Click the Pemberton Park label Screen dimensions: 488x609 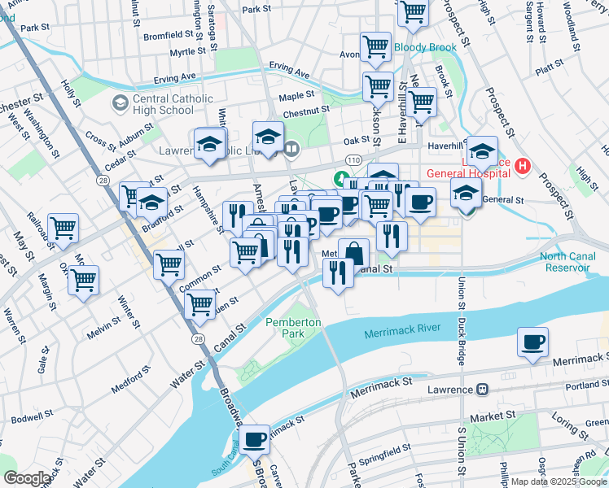click(293, 329)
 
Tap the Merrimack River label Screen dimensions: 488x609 click(402, 328)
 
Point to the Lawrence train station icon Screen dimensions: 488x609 click(482, 390)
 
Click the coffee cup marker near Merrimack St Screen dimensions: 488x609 click(532, 342)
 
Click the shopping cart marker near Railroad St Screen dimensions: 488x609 click(63, 229)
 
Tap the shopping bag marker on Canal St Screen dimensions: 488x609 click(353, 253)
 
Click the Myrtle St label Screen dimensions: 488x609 click(188, 53)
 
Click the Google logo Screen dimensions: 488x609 click(26, 478)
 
